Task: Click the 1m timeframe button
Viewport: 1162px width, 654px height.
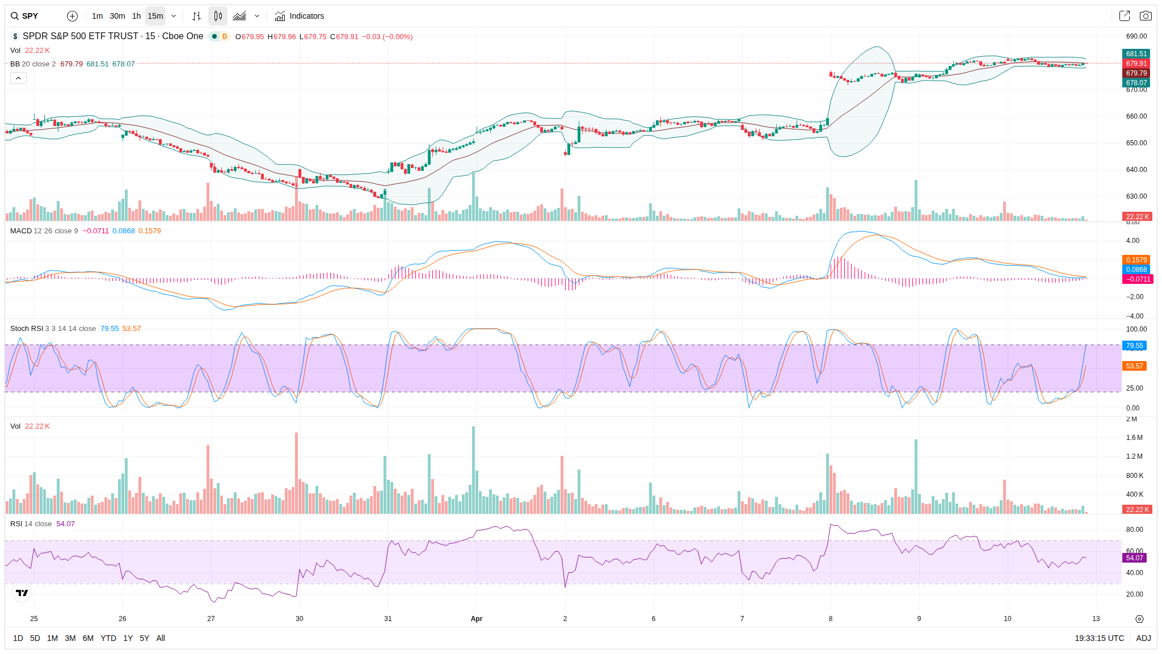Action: (97, 16)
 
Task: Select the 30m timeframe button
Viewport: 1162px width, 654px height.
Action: (117, 16)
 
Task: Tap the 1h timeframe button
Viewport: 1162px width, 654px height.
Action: (136, 16)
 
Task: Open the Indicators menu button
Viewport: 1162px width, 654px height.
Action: (300, 16)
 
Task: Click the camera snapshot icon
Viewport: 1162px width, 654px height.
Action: (1146, 16)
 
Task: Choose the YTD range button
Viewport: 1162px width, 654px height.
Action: (108, 638)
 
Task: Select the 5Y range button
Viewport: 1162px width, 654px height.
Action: (144, 638)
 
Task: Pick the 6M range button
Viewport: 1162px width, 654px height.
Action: (88, 638)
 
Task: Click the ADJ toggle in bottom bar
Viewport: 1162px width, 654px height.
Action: (1143, 638)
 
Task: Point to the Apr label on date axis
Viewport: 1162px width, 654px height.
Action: (477, 619)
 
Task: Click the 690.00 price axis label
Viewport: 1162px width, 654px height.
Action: (1136, 36)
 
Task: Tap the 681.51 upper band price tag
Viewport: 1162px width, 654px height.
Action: (1136, 54)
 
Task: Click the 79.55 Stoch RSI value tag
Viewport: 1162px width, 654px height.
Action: (1135, 346)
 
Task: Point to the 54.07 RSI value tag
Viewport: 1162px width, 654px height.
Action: (1135, 558)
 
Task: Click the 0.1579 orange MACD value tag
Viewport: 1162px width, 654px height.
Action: (1136, 260)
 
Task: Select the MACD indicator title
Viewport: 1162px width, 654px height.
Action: (21, 231)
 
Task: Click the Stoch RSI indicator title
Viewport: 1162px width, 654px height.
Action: (27, 329)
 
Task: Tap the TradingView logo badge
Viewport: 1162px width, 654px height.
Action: (22, 593)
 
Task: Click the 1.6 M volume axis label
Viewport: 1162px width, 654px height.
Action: (1134, 438)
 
